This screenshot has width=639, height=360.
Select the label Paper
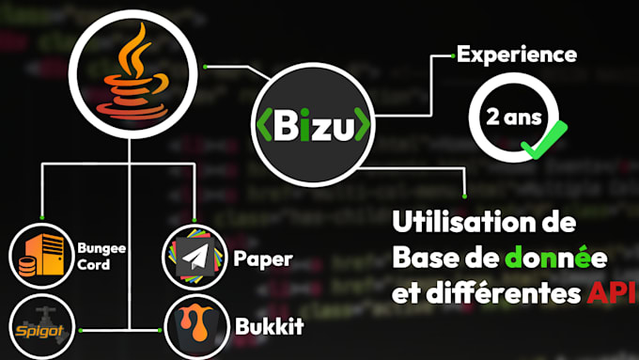[x=262, y=258]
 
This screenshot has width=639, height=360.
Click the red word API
[x=610, y=295]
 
